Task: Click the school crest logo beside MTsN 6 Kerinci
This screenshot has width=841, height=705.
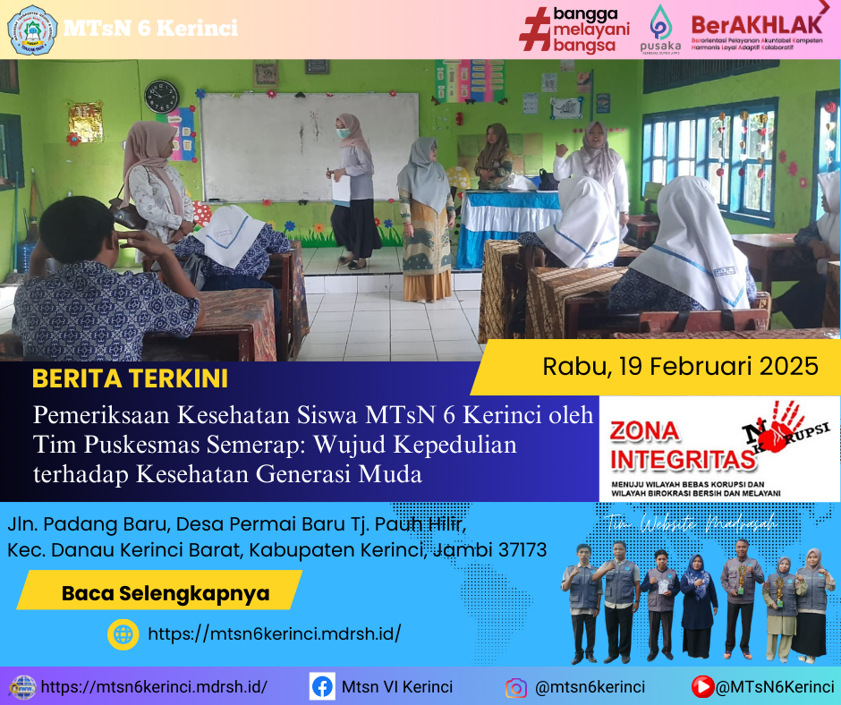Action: [x=32, y=29]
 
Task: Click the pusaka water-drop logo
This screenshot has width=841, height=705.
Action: [x=660, y=28]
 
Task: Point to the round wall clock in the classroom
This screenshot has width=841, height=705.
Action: [x=161, y=96]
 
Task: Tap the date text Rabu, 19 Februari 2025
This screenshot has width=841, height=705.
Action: [x=680, y=365]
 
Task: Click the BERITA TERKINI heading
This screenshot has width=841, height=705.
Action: [x=130, y=378]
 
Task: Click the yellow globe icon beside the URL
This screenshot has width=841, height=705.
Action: [x=123, y=633]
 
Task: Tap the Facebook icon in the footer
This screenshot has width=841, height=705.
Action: [x=322, y=687]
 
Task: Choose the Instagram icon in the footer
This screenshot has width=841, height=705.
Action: [x=515, y=687]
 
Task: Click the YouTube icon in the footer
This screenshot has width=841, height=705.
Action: [x=703, y=687]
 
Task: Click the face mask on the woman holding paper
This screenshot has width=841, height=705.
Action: [x=342, y=133]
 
